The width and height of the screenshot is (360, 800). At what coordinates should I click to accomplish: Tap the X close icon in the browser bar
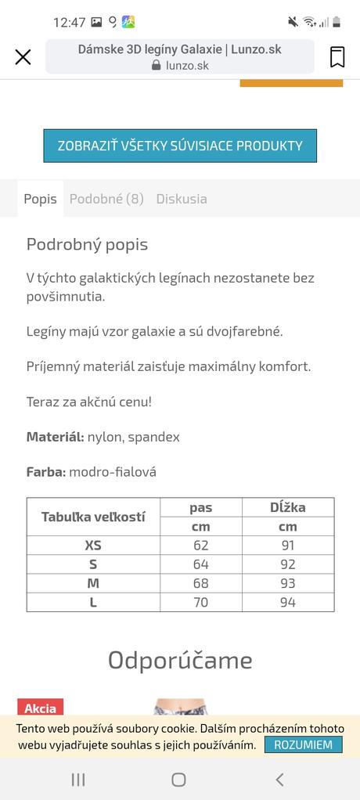[x=23, y=56]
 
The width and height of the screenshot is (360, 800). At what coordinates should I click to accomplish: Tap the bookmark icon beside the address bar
[x=337, y=56]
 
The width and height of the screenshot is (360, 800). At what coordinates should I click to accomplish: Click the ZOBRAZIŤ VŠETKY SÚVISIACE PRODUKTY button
[x=180, y=146]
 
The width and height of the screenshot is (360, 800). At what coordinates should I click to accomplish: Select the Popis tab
[x=40, y=199]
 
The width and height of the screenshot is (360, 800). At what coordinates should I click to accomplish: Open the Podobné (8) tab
[x=106, y=199]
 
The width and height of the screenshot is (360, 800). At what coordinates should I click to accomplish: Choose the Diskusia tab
[x=182, y=199]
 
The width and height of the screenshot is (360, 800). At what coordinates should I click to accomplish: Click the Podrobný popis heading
[x=87, y=244]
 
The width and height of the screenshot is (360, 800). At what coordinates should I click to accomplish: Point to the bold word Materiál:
[x=55, y=437]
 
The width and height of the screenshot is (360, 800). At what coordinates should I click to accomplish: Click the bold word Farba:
[x=46, y=472]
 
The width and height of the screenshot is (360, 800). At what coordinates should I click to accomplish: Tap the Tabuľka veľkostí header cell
[x=93, y=517]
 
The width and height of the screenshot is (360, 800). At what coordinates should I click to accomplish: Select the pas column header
[x=201, y=507]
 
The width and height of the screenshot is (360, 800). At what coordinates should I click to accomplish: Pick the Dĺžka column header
[x=287, y=507]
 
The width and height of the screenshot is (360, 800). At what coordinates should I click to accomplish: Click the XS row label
[x=93, y=546]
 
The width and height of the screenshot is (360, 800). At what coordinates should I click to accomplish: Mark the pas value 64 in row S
[x=201, y=564]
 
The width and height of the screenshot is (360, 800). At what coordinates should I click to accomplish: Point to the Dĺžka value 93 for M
[x=287, y=583]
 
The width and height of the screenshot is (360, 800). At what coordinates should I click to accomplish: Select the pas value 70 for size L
[x=201, y=602]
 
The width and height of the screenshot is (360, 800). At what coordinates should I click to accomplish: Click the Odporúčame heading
[x=180, y=660]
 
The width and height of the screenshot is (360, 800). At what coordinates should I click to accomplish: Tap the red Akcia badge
[x=40, y=708]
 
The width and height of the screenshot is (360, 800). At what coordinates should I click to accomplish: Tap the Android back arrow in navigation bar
[x=279, y=779]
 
